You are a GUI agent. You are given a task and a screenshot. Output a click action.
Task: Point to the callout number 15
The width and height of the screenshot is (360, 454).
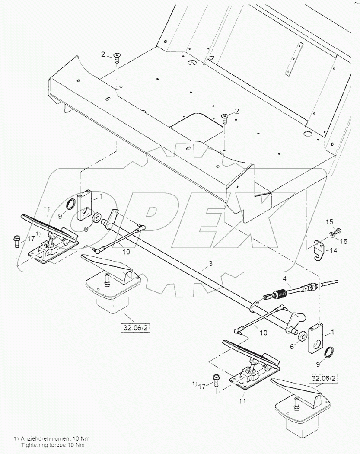point(329,222)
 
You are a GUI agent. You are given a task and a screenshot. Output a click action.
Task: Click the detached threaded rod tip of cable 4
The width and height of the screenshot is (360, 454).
point(331,284)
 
